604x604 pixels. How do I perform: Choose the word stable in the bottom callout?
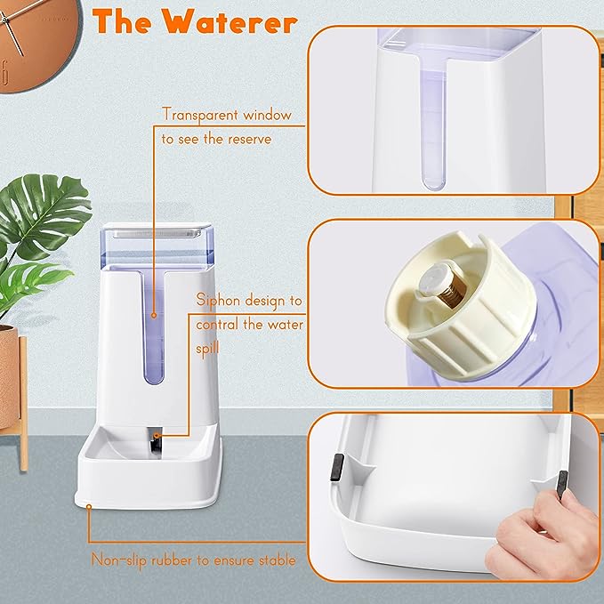(x=273, y=560)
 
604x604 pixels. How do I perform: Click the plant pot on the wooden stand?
(x=7, y=374)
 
